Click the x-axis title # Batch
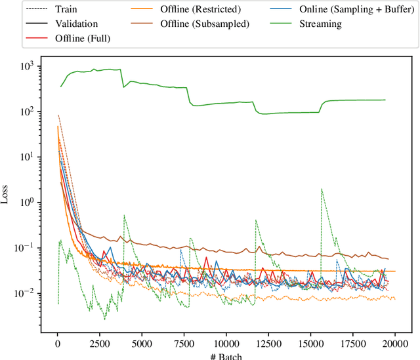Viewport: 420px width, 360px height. tap(226, 355)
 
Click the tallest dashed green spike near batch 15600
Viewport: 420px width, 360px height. tap(322, 190)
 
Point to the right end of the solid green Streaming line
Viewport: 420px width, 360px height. tap(385, 100)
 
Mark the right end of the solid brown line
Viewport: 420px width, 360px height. tap(388, 259)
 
